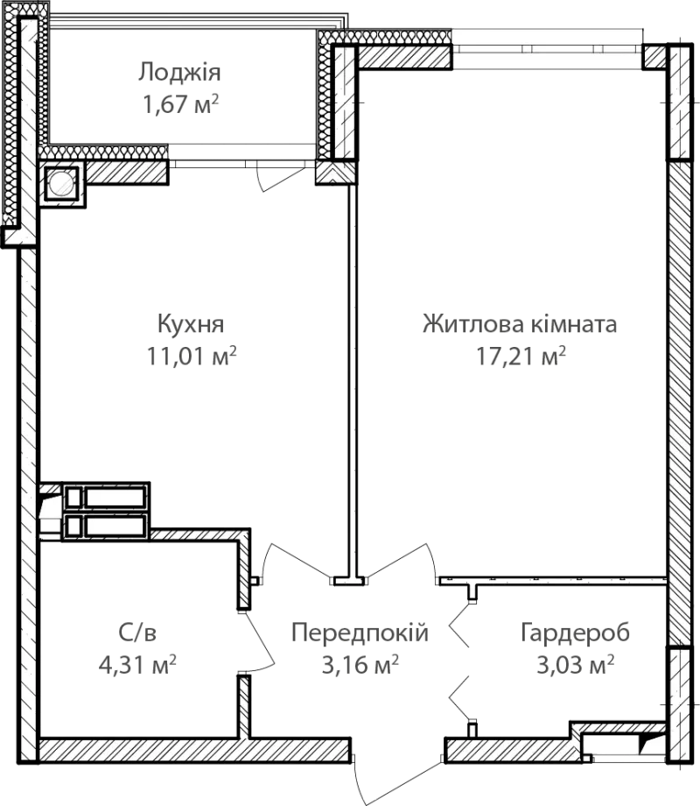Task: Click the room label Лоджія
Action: click(179, 73)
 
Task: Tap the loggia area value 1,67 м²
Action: click(180, 104)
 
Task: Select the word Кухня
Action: click(191, 325)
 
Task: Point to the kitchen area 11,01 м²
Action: click(192, 356)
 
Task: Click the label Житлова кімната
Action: click(520, 324)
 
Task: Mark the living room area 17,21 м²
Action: click(521, 356)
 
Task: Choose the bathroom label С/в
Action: click(137, 633)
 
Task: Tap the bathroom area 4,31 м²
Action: click(137, 665)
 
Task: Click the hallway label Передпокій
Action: click(360, 633)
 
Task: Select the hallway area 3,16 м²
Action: click(360, 665)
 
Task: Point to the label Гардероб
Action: click(575, 633)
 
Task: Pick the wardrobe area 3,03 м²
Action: click(575, 665)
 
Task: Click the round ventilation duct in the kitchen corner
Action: click(61, 183)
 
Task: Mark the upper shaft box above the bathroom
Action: click(105, 497)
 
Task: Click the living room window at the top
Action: click(548, 49)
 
